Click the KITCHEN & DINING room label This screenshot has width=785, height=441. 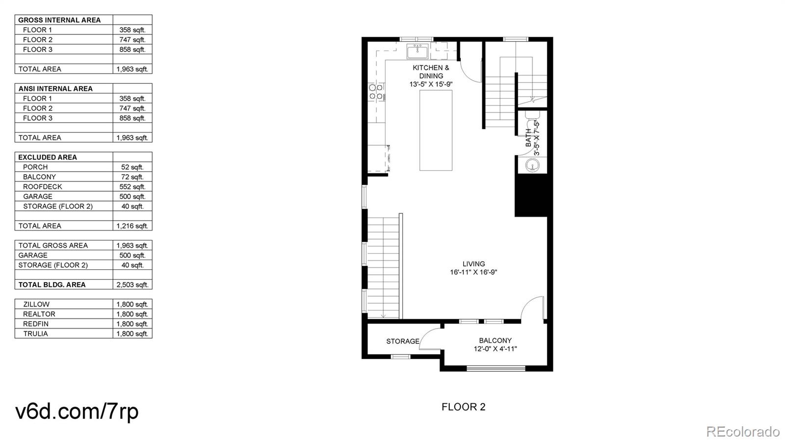pyautogui.click(x=431, y=72)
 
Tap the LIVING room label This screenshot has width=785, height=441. pyautogui.click(x=473, y=264)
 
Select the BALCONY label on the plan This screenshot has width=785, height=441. pyautogui.click(x=495, y=340)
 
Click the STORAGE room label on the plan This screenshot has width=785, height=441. pyautogui.click(x=402, y=341)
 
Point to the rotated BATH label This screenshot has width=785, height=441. pyautogui.click(x=528, y=138)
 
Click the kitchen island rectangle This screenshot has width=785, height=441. pyautogui.click(x=436, y=130)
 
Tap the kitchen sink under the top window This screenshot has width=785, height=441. pyautogui.click(x=418, y=50)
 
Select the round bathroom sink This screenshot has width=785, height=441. pyautogui.click(x=532, y=165)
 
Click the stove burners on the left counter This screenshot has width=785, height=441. pyautogui.click(x=376, y=92)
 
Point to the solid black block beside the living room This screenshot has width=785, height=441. pyautogui.click(x=530, y=195)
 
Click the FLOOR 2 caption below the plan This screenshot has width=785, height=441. pyautogui.click(x=463, y=407)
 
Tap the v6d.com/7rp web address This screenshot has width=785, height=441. pyautogui.click(x=77, y=411)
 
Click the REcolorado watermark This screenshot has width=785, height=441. pyautogui.click(x=742, y=432)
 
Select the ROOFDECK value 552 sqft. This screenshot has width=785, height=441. pyautogui.click(x=132, y=187)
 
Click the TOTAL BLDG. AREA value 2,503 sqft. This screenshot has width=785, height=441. pyautogui.click(x=132, y=285)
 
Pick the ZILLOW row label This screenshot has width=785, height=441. pyautogui.click(x=36, y=305)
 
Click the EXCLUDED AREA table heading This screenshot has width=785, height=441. pyautogui.click(x=48, y=157)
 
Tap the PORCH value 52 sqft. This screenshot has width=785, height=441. pyautogui.click(x=132, y=167)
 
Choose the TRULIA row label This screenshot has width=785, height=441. pyautogui.click(x=35, y=334)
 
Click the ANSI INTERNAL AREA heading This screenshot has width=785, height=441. pyautogui.click(x=55, y=89)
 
